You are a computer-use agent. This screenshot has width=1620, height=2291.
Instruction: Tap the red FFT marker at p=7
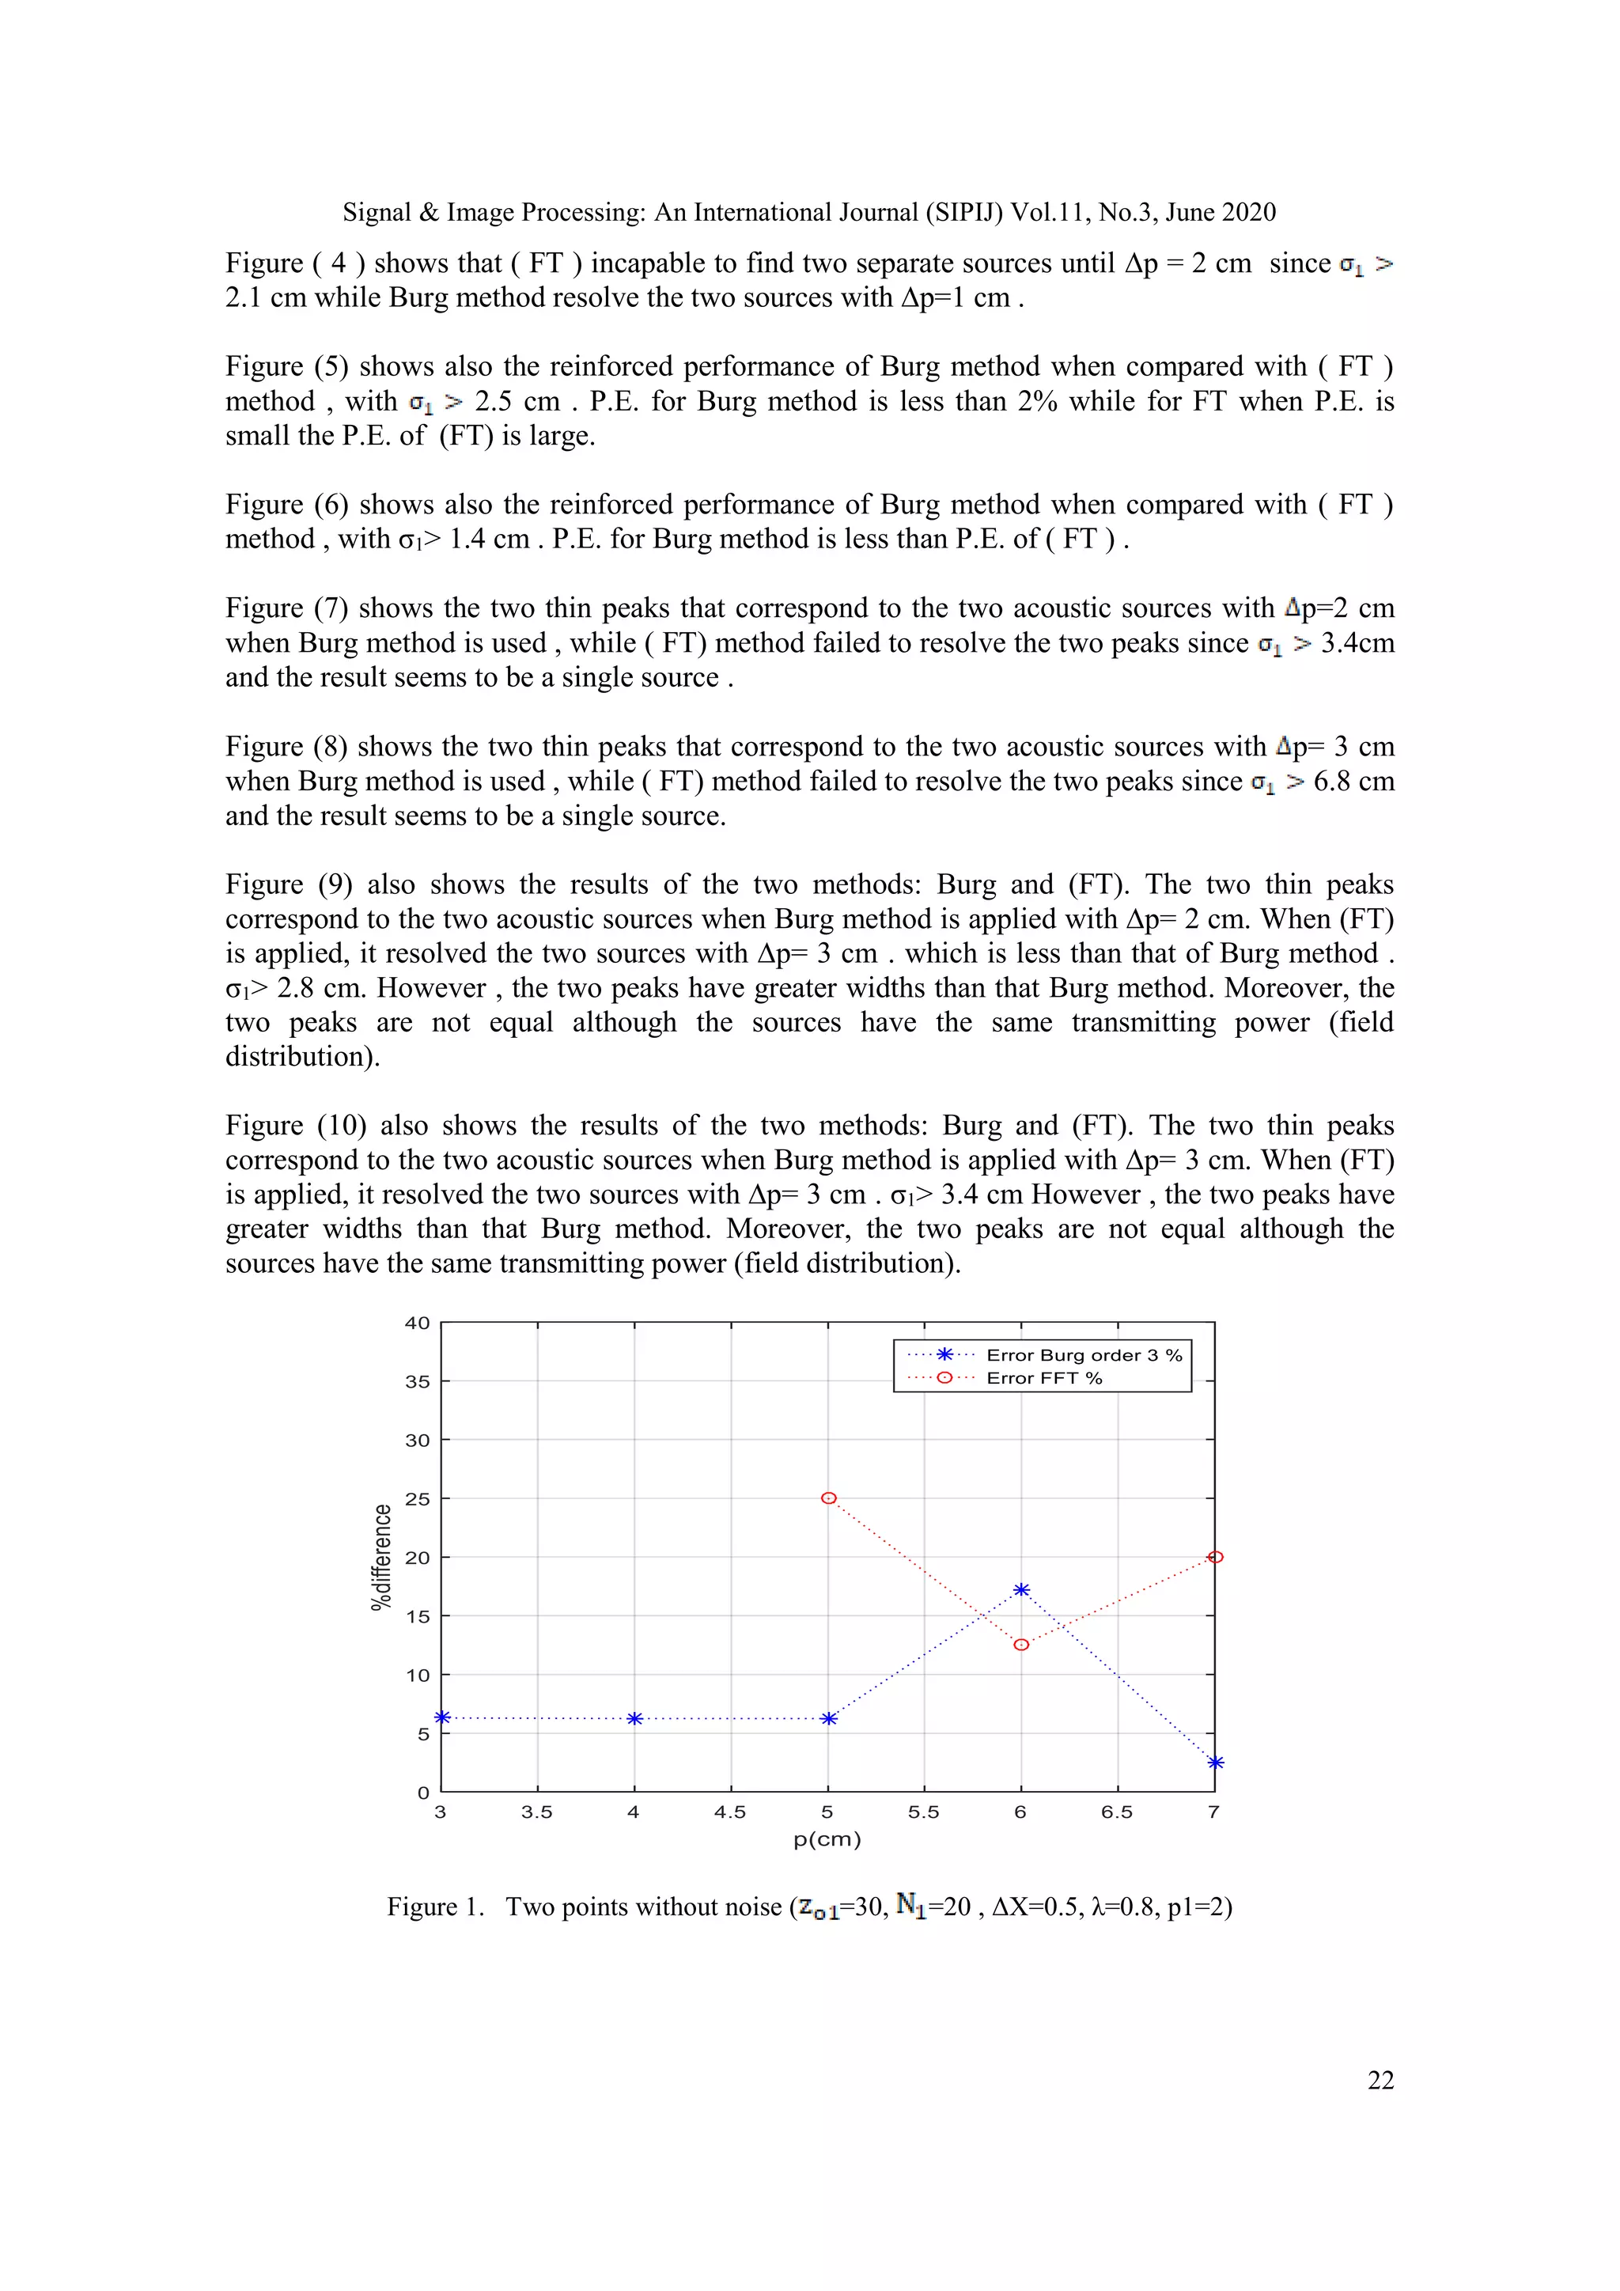click(x=1215, y=1557)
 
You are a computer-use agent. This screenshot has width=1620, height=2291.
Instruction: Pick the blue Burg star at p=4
click(x=634, y=1718)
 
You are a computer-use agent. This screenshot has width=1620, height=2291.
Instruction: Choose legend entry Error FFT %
click(x=1043, y=1378)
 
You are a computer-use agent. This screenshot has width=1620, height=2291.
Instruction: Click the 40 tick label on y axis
click(x=417, y=1323)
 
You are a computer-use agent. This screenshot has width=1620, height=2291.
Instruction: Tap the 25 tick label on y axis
click(x=417, y=1499)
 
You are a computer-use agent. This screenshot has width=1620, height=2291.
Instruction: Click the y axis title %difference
click(x=381, y=1557)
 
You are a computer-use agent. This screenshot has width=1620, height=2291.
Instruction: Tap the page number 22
click(x=1380, y=2081)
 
